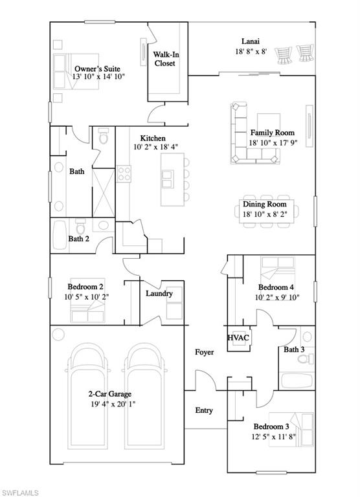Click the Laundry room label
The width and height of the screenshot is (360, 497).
tap(159, 293)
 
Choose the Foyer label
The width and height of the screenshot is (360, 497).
tap(205, 352)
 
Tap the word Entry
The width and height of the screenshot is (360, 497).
tap(204, 410)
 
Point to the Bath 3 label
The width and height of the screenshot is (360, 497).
tap(295, 350)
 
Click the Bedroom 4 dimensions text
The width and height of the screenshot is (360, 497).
tap(276, 298)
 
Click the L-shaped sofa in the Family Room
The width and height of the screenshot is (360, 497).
tap(238, 136)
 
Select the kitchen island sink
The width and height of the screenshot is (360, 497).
tap(168, 175)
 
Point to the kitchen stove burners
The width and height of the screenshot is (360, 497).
tap(124, 173)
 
